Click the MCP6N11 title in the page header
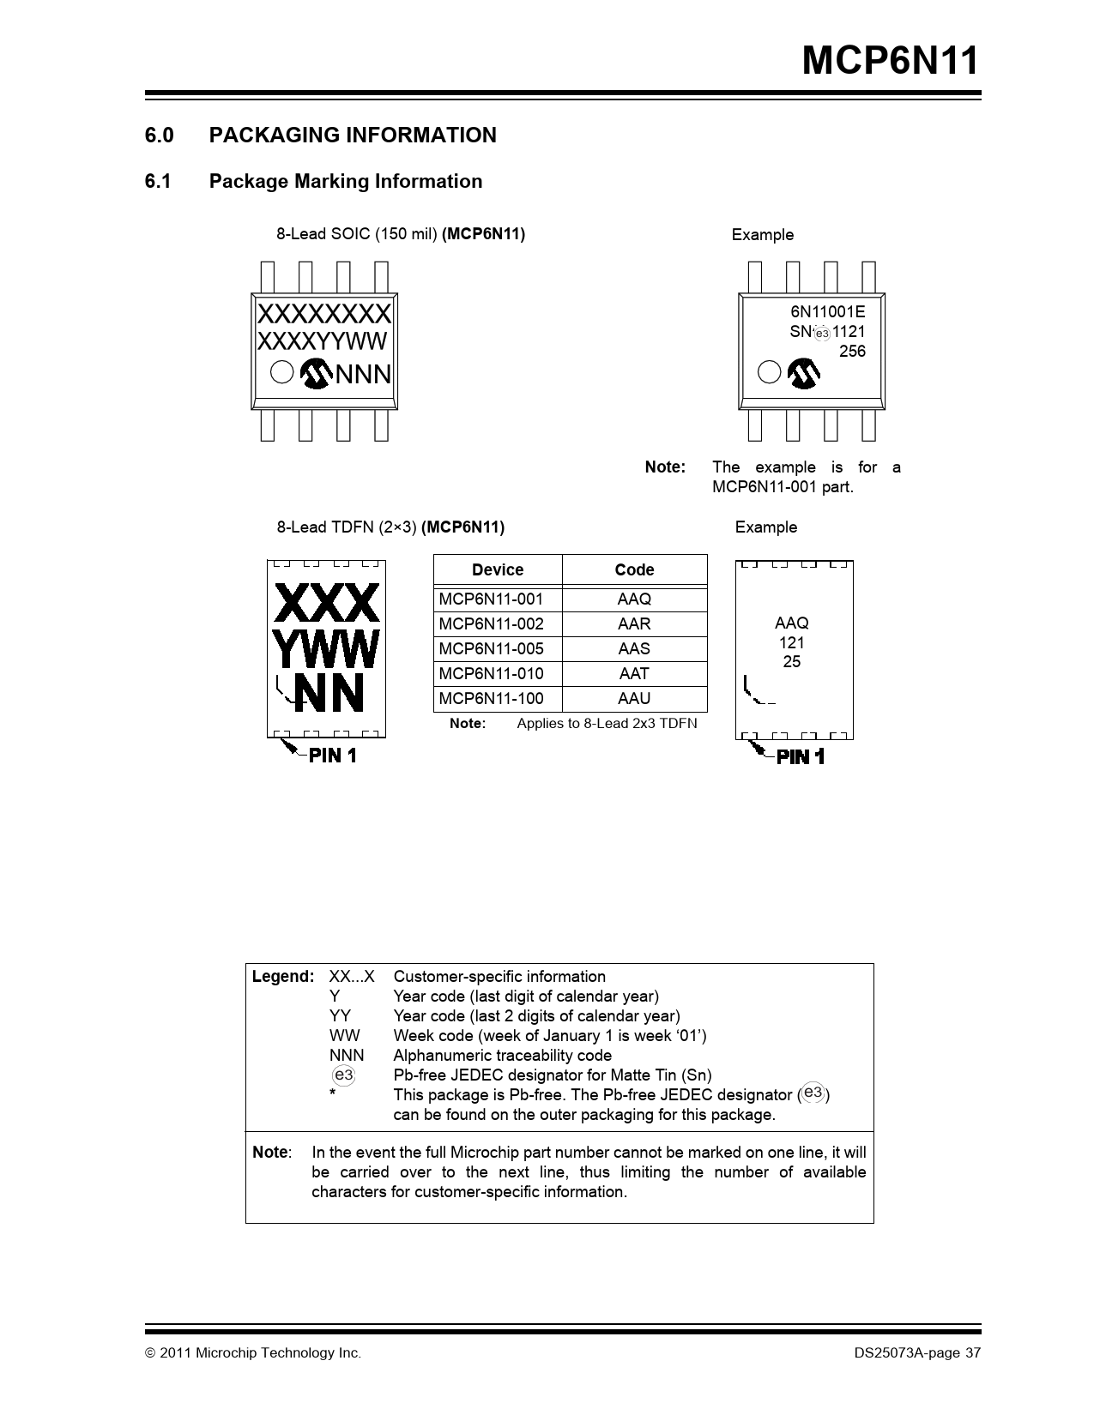(x=889, y=62)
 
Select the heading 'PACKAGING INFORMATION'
(x=353, y=135)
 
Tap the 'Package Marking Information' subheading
(x=345, y=182)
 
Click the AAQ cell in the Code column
(x=634, y=599)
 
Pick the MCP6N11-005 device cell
(x=491, y=649)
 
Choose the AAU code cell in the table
(x=634, y=699)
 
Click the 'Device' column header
(x=498, y=570)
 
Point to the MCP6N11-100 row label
(x=491, y=699)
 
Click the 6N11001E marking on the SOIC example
(x=827, y=312)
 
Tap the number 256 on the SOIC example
(x=852, y=352)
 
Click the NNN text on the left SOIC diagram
(x=363, y=375)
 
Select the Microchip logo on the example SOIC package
(x=804, y=373)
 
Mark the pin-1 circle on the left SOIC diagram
(x=281, y=372)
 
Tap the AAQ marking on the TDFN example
(x=791, y=623)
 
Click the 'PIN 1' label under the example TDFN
(x=800, y=756)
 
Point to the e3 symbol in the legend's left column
(x=343, y=1075)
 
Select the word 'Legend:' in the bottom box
(x=283, y=977)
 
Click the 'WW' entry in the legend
(x=344, y=1036)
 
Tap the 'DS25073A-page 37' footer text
(x=916, y=1353)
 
